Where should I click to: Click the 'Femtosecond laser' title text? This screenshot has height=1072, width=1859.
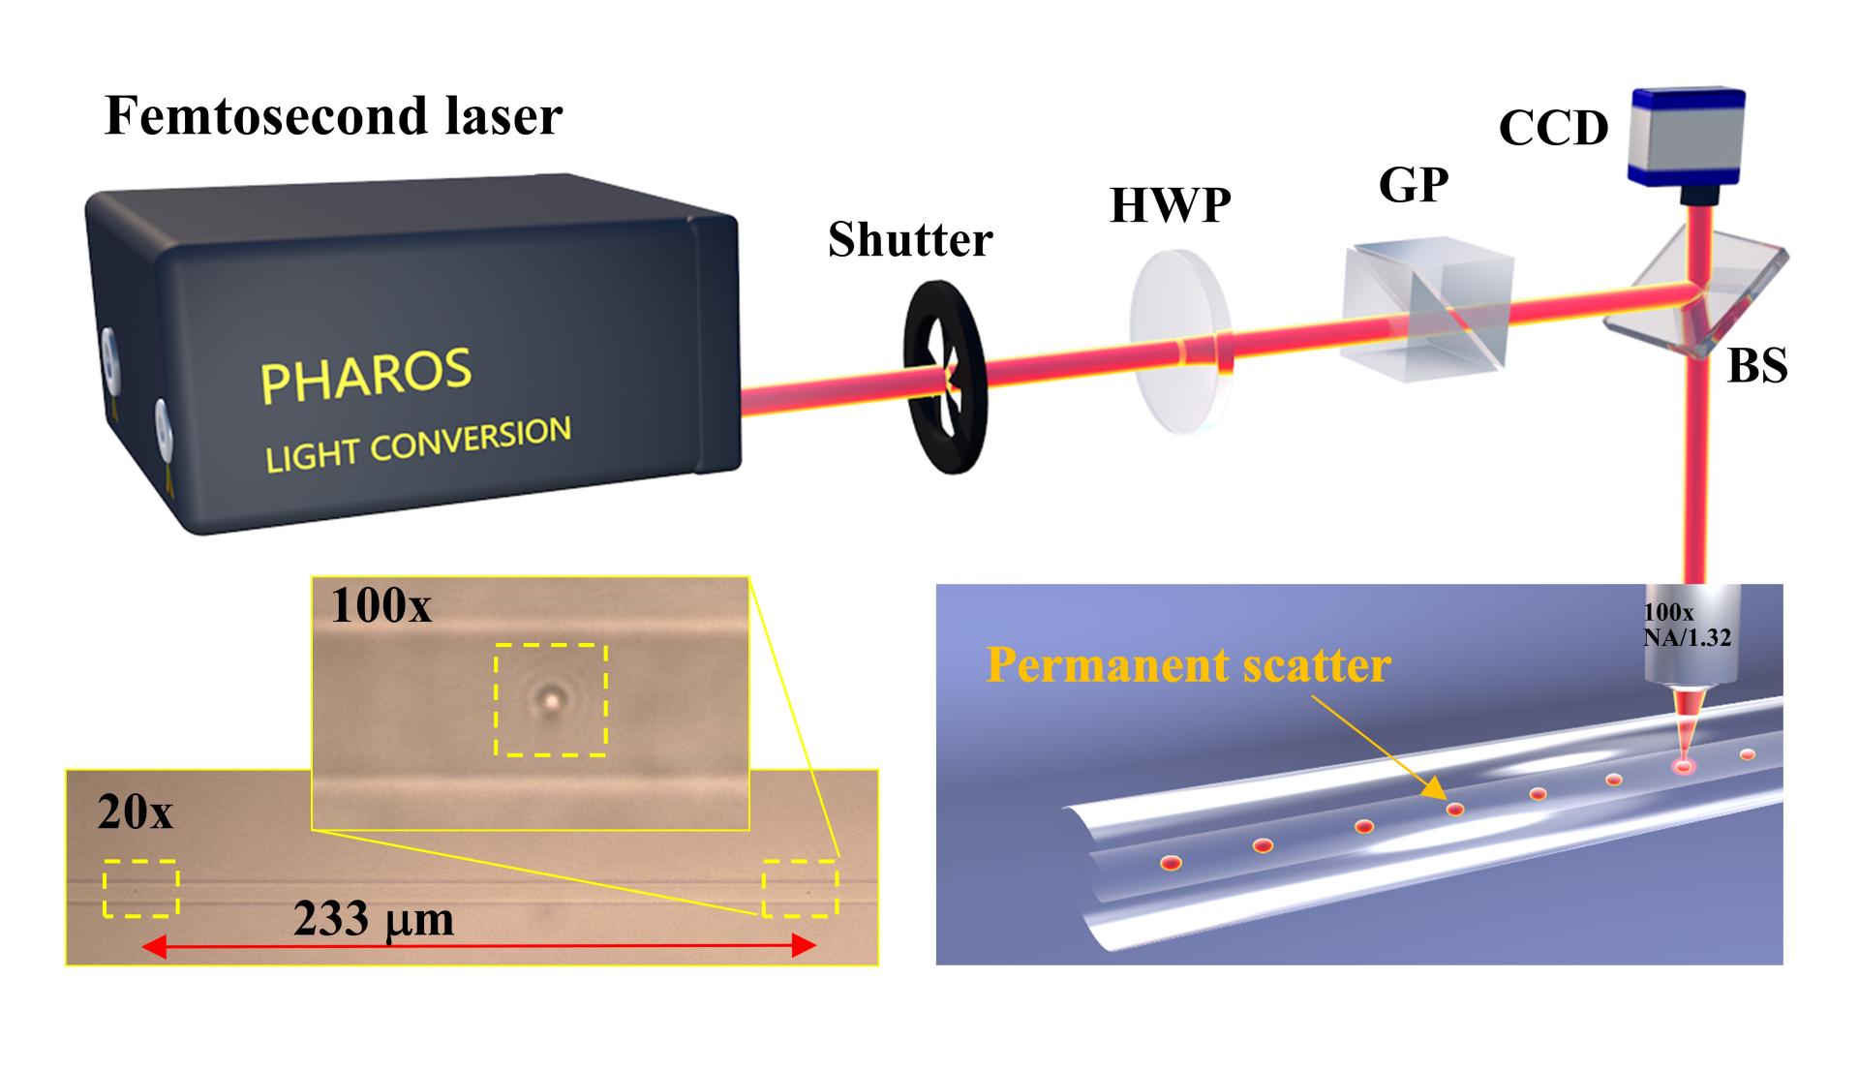coord(333,117)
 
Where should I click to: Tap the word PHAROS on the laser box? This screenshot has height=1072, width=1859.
coord(366,375)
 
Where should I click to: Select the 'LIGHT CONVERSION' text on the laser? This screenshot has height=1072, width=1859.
coord(418,444)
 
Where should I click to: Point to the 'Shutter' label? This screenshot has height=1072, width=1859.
coord(910,239)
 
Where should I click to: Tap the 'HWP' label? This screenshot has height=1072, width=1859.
coord(1170,205)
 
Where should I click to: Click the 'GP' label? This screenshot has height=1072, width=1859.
coord(1414,185)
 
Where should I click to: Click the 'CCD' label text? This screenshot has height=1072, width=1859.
coord(1553,128)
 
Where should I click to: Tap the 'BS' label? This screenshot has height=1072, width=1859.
coord(1757,367)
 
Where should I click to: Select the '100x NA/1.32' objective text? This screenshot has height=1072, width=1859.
coord(1687,625)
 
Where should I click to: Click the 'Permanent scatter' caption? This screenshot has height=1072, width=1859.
coord(1188,665)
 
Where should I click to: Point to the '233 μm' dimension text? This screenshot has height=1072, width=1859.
coord(374,918)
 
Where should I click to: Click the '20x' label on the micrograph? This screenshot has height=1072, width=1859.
coord(135,813)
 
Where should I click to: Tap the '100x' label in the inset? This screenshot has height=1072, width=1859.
coord(381,606)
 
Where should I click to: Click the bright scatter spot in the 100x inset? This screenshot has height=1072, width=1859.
coord(552,695)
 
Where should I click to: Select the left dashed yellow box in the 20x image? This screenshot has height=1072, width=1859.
coord(141,888)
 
